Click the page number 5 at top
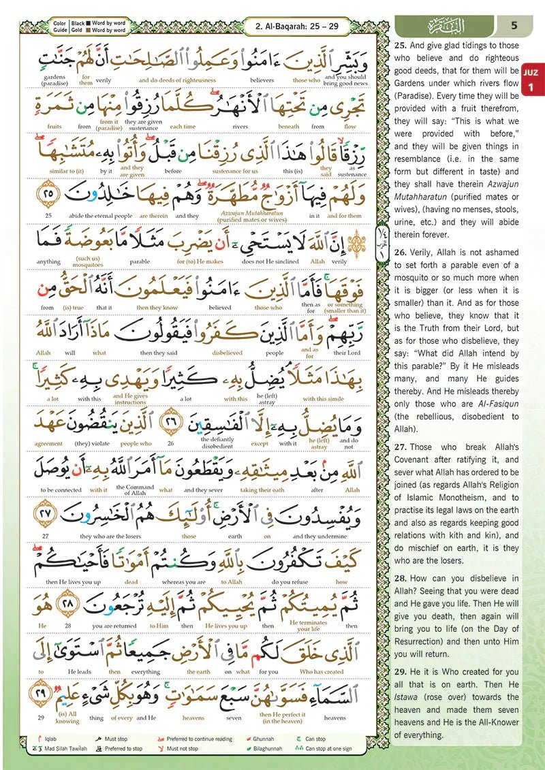(514, 26)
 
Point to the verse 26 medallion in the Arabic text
(172, 423)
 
